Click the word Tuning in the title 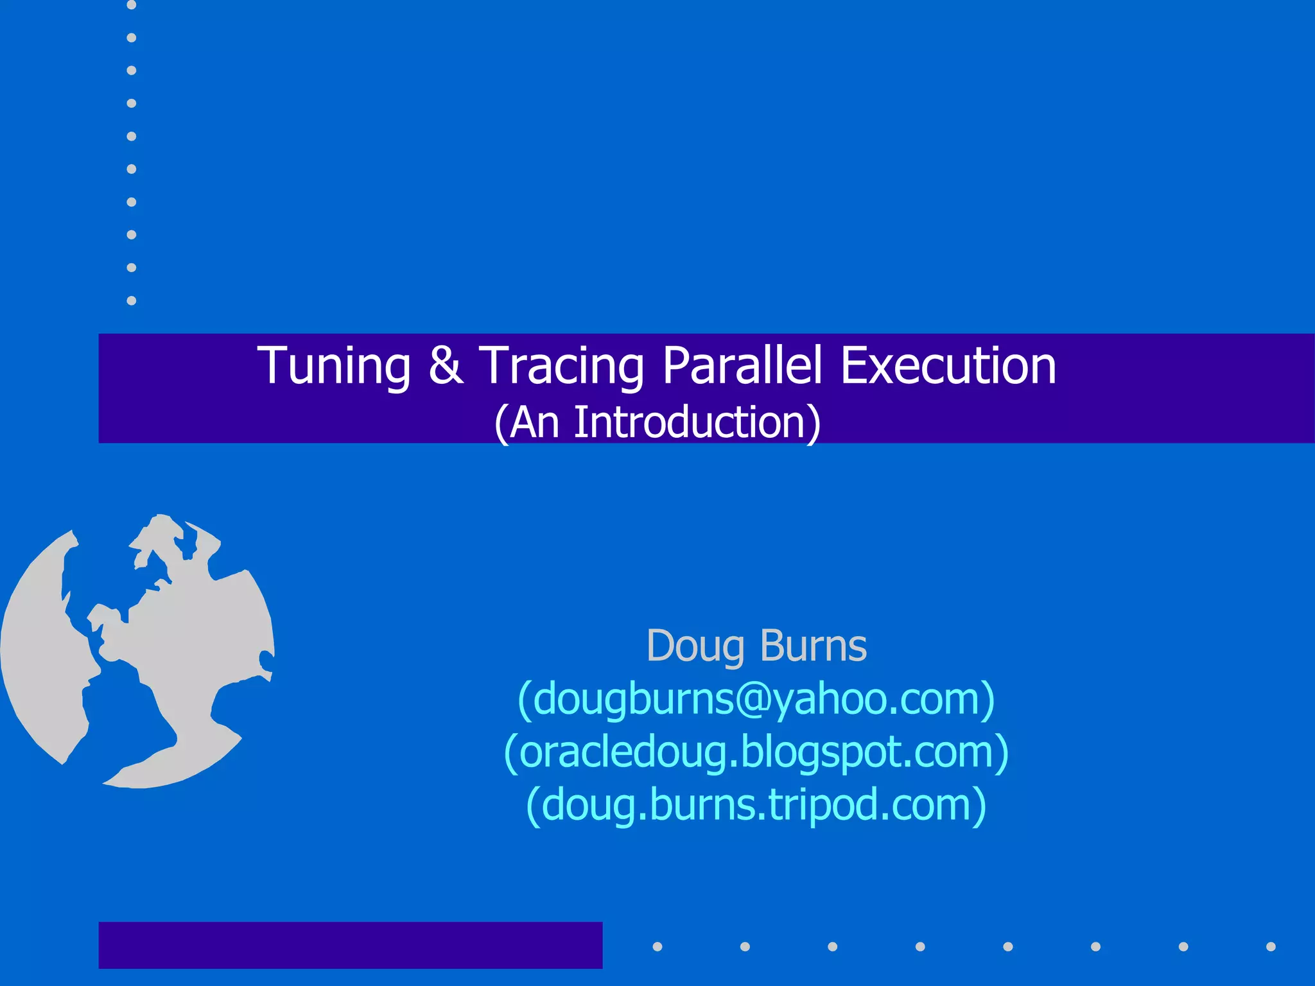(x=333, y=366)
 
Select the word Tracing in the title (x=562, y=366)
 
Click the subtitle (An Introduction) (x=657, y=422)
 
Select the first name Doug (x=695, y=646)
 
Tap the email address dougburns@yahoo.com (x=756, y=698)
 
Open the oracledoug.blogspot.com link (x=756, y=752)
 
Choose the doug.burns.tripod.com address (x=756, y=804)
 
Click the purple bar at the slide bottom (x=350, y=945)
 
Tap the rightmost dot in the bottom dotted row (x=1271, y=946)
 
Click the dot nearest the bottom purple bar (x=657, y=946)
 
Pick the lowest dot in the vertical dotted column (x=132, y=300)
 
